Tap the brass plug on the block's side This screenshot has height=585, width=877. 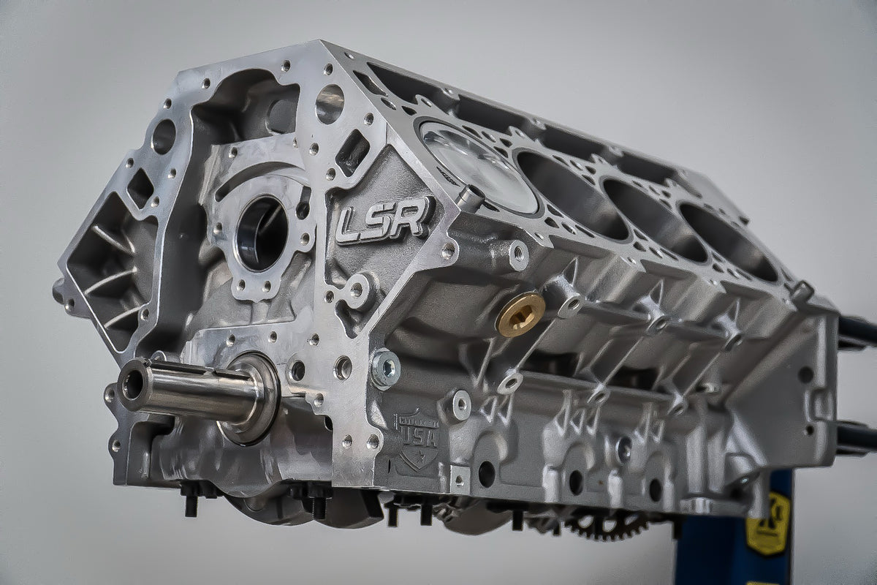pos(520,314)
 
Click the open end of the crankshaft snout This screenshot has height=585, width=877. pos(132,382)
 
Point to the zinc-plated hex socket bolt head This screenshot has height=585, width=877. pos(384,367)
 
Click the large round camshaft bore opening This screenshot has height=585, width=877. pos(262,233)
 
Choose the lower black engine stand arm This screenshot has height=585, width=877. pos(857,437)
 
